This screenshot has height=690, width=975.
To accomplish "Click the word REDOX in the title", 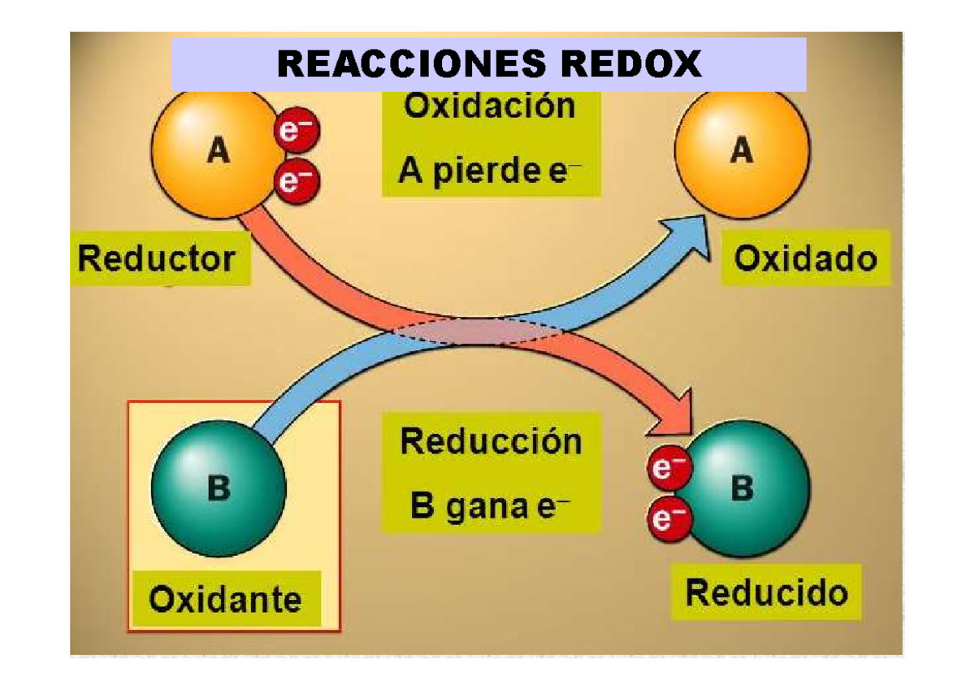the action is pyautogui.click(x=631, y=63).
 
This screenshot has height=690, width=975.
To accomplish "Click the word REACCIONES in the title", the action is pyautogui.click(x=411, y=63).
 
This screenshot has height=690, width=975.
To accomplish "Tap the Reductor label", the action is pyautogui.click(x=157, y=258).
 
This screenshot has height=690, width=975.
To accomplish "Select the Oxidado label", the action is pyautogui.click(x=805, y=258).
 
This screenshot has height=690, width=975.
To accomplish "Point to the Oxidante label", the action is pyautogui.click(x=225, y=600).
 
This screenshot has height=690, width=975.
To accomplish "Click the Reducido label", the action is pyautogui.click(x=767, y=592).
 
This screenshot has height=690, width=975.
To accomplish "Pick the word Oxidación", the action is pyautogui.click(x=490, y=106).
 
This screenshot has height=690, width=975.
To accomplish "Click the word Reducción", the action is pyautogui.click(x=491, y=441).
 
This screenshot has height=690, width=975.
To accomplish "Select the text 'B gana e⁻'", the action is pyautogui.click(x=490, y=506).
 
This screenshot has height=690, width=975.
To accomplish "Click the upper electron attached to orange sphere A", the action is pyautogui.click(x=297, y=130).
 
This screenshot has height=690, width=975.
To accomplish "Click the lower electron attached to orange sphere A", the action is pyautogui.click(x=297, y=181).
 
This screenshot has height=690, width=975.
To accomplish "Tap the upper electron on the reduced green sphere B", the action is pyautogui.click(x=669, y=467).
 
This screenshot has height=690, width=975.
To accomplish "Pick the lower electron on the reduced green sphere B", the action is pyautogui.click(x=669, y=519).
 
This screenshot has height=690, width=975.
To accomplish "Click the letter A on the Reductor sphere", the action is pyautogui.click(x=218, y=150).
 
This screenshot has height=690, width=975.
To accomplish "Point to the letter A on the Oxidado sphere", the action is pyautogui.click(x=742, y=150).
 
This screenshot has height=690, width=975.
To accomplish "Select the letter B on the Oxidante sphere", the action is pyautogui.click(x=219, y=488).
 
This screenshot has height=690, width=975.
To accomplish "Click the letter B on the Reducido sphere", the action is pyautogui.click(x=742, y=488).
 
